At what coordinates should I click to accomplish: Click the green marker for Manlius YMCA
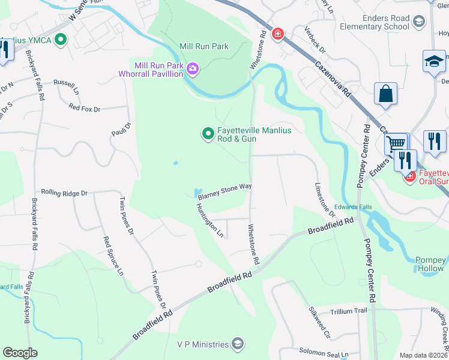(60, 40)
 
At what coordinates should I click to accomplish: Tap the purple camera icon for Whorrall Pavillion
(193, 70)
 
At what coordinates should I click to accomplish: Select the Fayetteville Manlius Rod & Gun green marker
(208, 133)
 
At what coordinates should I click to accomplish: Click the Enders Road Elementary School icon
(418, 22)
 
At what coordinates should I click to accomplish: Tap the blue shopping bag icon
(385, 94)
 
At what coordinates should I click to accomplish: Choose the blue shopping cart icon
(395, 144)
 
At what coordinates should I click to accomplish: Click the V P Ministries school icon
(238, 344)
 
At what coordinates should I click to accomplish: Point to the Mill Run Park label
(204, 46)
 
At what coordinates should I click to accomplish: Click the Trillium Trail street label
(348, 311)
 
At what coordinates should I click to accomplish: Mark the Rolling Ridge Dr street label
(64, 193)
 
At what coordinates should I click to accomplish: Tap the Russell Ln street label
(67, 83)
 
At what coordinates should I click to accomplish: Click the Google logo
(20, 353)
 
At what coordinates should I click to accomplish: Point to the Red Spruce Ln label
(113, 256)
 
